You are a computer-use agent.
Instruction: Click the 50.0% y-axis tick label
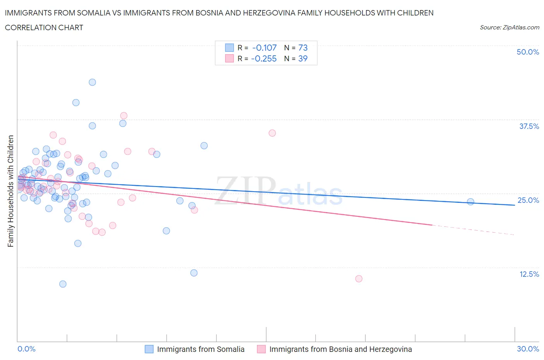coord(528,52)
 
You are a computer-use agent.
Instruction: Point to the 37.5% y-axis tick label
coord(529,126)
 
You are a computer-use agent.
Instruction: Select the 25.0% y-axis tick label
coord(528,200)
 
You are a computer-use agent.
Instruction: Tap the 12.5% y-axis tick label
coord(529,274)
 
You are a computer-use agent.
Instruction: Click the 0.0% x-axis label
coord(26,349)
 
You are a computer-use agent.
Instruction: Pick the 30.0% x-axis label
coord(528,349)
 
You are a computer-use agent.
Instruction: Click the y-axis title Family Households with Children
coord(10,191)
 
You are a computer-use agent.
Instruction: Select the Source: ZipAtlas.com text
coord(509,27)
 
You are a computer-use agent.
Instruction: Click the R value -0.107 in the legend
coord(264,48)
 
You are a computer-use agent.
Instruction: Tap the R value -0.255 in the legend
coord(263,58)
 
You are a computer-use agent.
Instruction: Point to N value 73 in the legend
coord(303,48)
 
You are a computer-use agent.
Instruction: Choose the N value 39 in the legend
coord(303,58)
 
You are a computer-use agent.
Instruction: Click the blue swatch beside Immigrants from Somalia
coord(149,349)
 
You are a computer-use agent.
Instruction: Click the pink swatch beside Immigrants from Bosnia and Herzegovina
coord(261,349)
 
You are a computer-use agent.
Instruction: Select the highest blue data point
coord(92,82)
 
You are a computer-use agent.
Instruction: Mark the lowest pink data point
coord(359,279)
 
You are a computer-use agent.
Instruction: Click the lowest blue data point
coord(63,284)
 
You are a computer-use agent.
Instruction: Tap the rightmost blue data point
coord(470,202)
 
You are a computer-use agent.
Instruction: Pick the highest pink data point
coord(124,115)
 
